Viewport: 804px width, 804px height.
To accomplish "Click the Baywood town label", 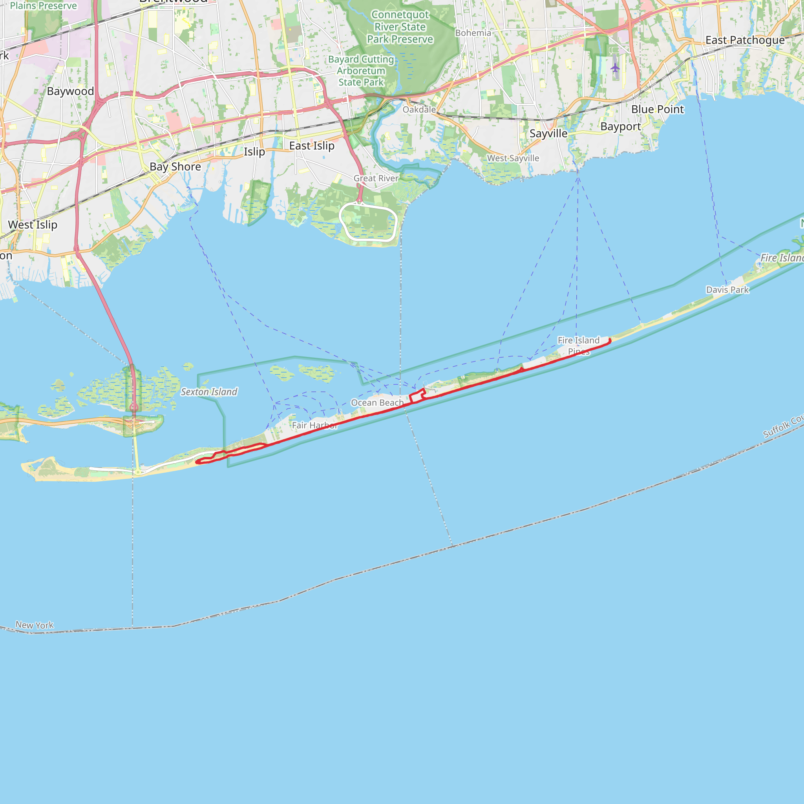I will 70,91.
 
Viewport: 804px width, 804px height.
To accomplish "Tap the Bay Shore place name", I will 175,166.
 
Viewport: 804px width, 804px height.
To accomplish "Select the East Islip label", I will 312,146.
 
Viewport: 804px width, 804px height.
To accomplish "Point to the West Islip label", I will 33,225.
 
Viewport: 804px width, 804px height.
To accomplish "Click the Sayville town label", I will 548,133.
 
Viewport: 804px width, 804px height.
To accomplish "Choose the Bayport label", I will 621,126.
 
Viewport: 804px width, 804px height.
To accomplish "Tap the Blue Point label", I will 658,110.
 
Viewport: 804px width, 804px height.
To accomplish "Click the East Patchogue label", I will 745,40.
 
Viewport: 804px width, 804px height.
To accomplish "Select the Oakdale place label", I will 419,110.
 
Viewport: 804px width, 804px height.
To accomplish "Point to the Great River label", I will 376,178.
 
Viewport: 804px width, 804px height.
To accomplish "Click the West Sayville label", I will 513,158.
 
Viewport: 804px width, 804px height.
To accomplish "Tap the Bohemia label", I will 473,33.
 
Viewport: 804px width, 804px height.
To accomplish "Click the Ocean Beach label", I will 377,402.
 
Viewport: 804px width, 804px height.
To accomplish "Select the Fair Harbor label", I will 314,425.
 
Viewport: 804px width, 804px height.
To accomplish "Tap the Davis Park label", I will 727,290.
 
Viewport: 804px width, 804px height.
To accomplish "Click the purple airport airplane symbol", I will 615,68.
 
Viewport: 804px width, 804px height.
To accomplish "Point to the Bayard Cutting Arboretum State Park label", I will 361,71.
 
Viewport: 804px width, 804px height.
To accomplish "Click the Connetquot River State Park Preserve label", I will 400,27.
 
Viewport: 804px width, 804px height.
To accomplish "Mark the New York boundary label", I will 35,625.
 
